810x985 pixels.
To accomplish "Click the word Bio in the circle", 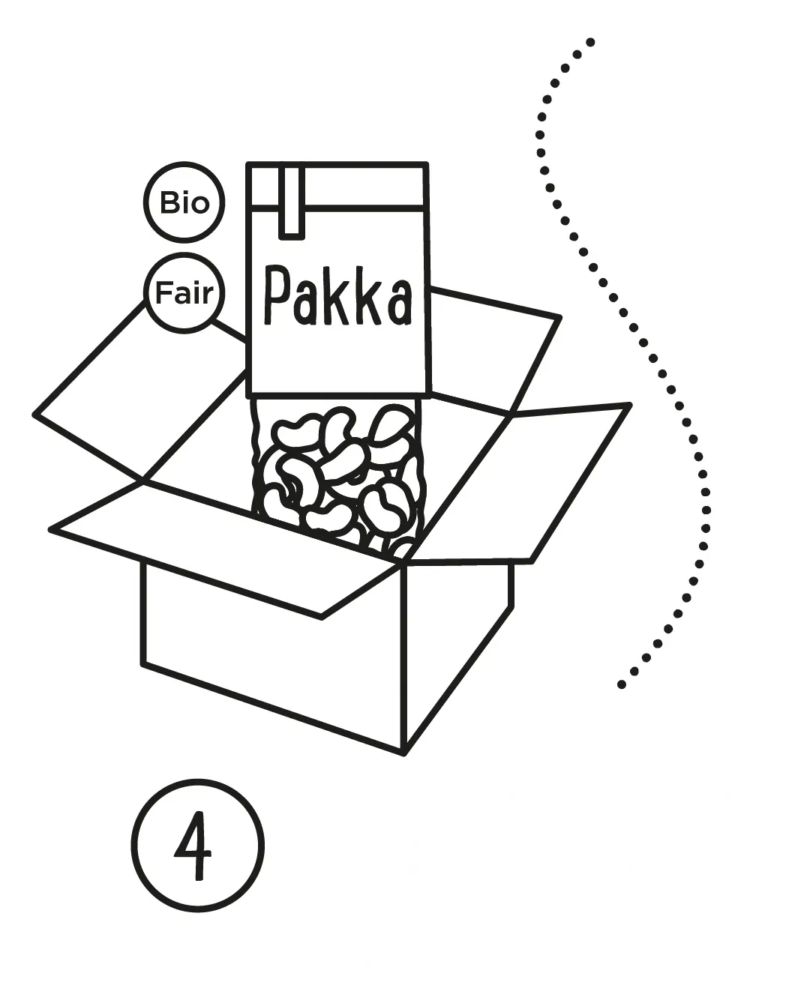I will [x=184, y=202].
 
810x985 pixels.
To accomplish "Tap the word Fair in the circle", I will [x=184, y=293].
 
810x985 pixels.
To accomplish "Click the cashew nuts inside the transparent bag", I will [x=337, y=472].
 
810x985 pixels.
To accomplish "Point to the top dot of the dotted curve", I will [x=590, y=41].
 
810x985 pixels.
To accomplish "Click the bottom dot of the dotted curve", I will [x=621, y=684].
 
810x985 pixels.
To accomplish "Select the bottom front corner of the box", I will [x=403, y=752].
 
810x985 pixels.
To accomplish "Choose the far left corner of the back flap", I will [x=36, y=413].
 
